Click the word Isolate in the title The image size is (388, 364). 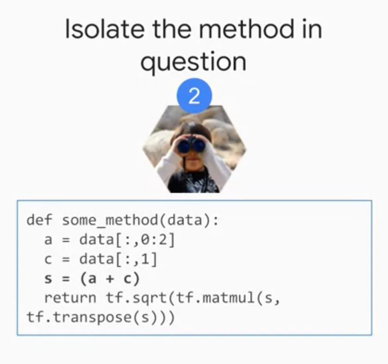pos(104,29)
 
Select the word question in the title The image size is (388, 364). pos(193,62)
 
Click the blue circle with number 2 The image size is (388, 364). pos(194,96)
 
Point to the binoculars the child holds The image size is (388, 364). pos(191,145)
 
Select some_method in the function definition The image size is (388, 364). pos(110,220)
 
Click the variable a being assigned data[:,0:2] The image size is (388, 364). pos(48,240)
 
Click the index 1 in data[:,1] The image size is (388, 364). pos(145,259)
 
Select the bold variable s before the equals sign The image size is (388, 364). pos(48,279)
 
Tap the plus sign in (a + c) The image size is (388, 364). pos(110,279)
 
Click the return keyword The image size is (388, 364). pos(70,298)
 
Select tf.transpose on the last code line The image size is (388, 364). pos(79,318)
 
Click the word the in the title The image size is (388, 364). pos(171,29)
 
